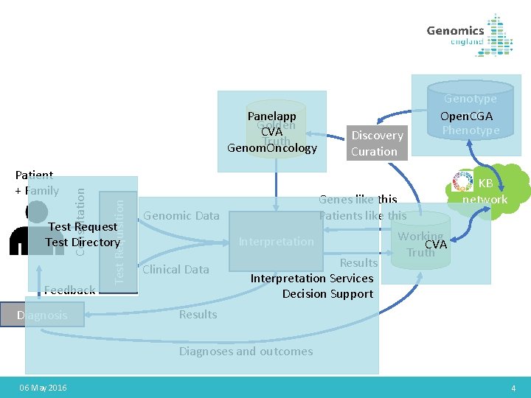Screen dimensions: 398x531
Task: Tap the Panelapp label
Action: click(x=271, y=116)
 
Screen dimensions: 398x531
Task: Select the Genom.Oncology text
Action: click(x=271, y=148)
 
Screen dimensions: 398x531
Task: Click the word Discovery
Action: click(x=377, y=136)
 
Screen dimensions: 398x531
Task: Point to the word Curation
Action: click(x=374, y=152)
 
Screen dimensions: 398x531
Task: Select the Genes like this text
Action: click(x=358, y=199)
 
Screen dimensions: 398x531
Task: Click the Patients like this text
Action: click(x=363, y=215)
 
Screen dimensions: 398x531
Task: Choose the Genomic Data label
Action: click(x=181, y=215)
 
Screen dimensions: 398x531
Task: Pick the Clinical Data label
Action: click(x=176, y=270)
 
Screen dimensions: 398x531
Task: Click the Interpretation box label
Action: click(x=276, y=242)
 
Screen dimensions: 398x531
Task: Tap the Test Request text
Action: click(x=83, y=226)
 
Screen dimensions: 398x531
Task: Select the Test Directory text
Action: click(x=83, y=242)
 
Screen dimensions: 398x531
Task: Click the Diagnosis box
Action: click(x=42, y=315)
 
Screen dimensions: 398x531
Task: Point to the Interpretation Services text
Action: click(x=312, y=278)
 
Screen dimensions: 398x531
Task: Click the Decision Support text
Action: click(x=327, y=294)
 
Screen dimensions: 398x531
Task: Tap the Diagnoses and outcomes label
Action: click(x=246, y=352)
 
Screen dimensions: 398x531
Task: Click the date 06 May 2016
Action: click(x=43, y=388)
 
